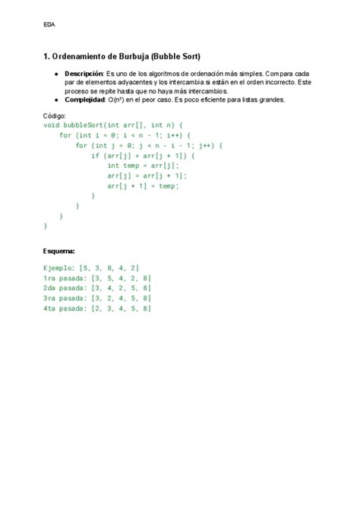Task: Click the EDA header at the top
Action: coord(49,24)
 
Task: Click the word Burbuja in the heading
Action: coord(128,56)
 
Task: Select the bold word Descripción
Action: coord(84,73)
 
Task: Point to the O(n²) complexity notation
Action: coord(121,99)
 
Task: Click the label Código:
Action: coord(55,115)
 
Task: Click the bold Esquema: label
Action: coord(59,250)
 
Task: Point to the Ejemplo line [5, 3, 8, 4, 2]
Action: coord(91,268)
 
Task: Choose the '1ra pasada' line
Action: coord(97,278)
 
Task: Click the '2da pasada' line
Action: coord(97,289)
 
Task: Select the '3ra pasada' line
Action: coord(97,298)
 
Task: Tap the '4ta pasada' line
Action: coord(97,308)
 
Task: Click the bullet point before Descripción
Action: coord(57,73)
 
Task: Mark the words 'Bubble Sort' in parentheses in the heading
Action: coord(175,56)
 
